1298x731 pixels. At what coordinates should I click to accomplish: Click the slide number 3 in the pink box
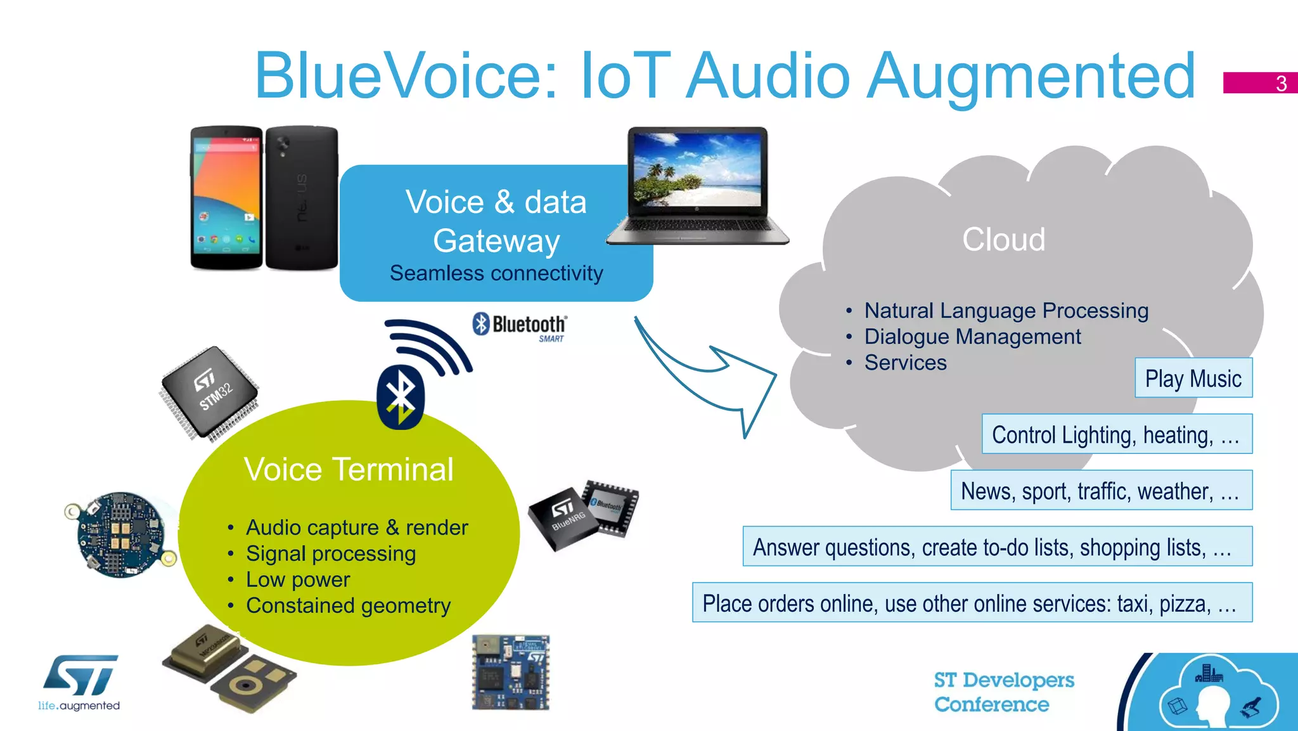pyautogui.click(x=1280, y=83)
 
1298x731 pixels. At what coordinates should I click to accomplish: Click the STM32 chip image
pyautogui.click(x=209, y=393)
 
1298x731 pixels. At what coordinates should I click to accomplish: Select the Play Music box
pyautogui.click(x=1193, y=378)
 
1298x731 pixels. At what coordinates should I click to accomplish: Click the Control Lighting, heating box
pyautogui.click(x=1116, y=434)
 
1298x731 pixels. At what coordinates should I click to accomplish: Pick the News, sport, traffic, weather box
pyautogui.click(x=1101, y=490)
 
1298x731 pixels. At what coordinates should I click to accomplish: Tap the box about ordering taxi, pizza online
pyautogui.click(x=972, y=603)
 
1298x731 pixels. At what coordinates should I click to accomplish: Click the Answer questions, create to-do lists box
pyautogui.click(x=997, y=547)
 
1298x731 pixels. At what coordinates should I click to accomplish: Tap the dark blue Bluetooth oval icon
pyautogui.click(x=400, y=397)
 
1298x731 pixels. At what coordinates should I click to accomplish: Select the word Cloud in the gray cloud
pyautogui.click(x=1003, y=240)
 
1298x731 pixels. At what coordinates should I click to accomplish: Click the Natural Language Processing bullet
pyautogui.click(x=1006, y=311)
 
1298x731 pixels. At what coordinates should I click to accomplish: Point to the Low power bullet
pyautogui.click(x=298, y=579)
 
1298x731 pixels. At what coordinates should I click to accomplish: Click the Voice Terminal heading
pyautogui.click(x=349, y=470)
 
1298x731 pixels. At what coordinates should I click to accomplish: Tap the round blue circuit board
pyautogui.click(x=120, y=534)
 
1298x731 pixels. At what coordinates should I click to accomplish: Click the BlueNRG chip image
pyautogui.click(x=583, y=514)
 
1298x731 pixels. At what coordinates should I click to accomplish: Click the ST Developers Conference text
pyautogui.click(x=1003, y=692)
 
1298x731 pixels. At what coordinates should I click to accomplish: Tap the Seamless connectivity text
pyautogui.click(x=496, y=273)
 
